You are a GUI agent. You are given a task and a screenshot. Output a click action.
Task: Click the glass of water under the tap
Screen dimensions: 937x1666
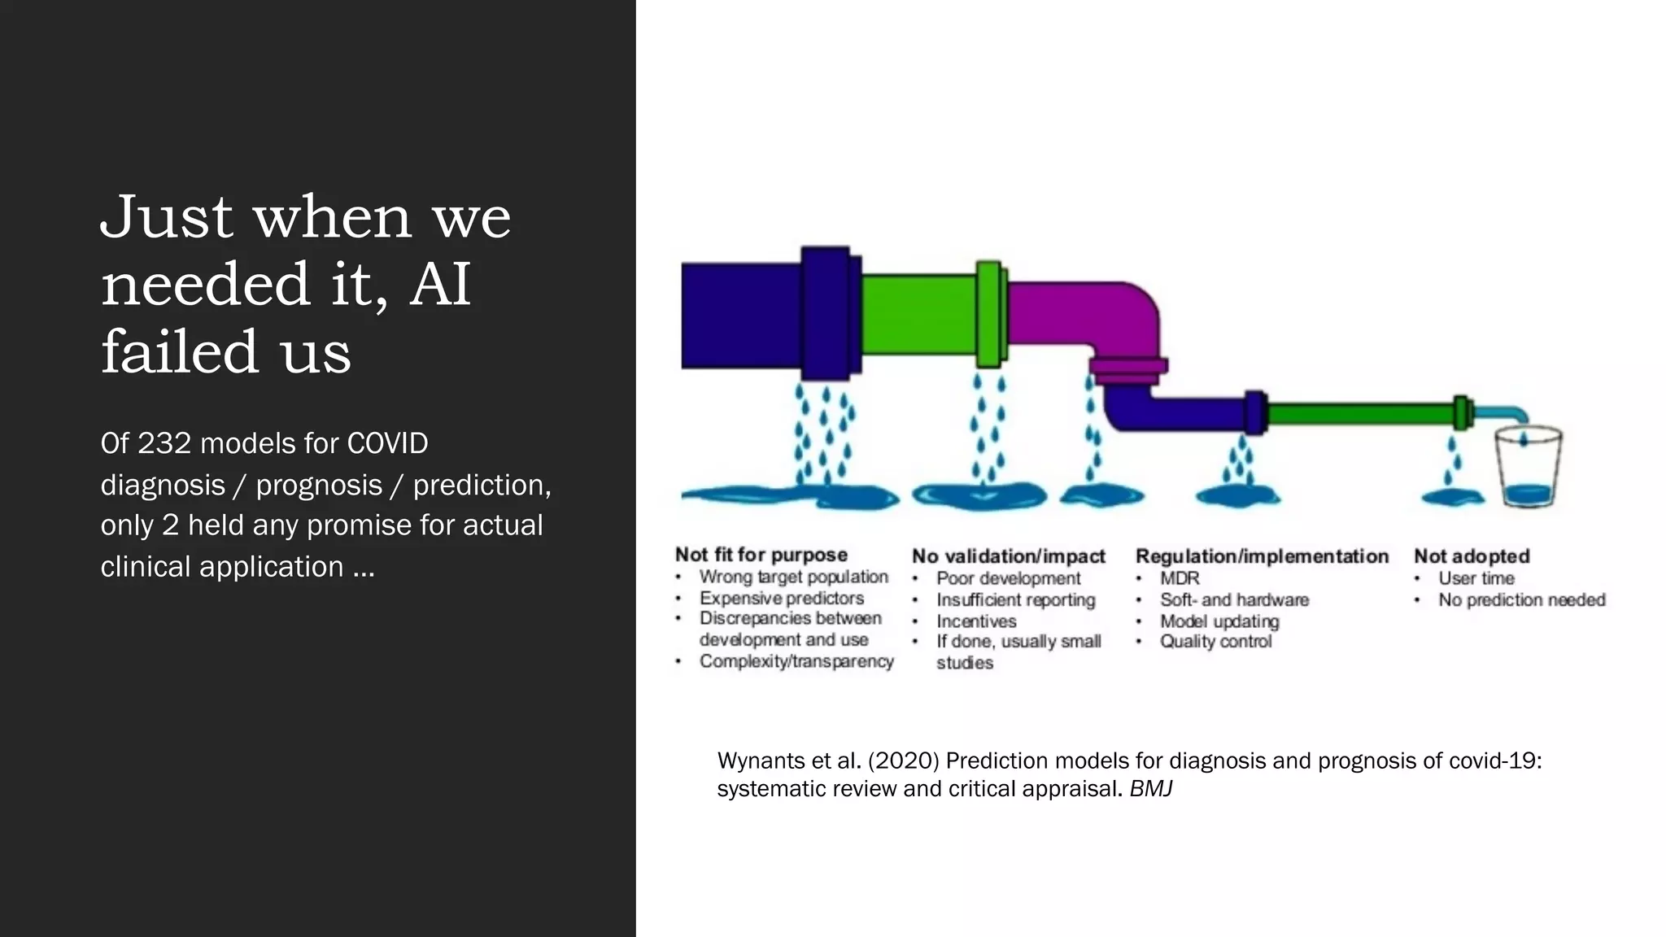pyautogui.click(x=1529, y=468)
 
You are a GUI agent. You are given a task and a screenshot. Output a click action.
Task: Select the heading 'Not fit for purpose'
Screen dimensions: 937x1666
pyautogui.click(x=761, y=555)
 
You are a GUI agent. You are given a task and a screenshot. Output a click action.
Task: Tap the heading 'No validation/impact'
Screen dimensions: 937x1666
pyautogui.click(x=1009, y=556)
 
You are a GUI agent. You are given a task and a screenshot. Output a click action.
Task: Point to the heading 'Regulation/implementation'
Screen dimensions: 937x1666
pyautogui.click(x=1262, y=556)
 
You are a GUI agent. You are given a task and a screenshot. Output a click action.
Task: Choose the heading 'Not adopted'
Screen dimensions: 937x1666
pyautogui.click(x=1472, y=556)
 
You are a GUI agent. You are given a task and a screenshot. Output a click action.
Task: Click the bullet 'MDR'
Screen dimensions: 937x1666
pyautogui.click(x=1180, y=578)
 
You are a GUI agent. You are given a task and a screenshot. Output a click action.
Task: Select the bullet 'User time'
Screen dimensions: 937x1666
pyautogui.click(x=1476, y=578)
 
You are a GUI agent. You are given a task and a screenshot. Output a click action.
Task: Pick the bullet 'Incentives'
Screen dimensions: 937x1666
pyautogui.click(x=976, y=621)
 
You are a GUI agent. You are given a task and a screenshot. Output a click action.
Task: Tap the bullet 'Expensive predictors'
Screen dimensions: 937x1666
pyautogui.click(x=782, y=599)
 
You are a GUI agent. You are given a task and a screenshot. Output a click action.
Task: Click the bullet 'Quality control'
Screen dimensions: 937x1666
pyautogui.click(x=1215, y=642)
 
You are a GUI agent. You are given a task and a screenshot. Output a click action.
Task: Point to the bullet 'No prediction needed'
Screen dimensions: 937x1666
pyautogui.click(x=1521, y=600)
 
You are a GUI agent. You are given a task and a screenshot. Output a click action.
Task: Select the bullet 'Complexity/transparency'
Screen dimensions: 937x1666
pyautogui.click(x=796, y=662)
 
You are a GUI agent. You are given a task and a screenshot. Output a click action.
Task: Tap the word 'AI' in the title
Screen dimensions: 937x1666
pyautogui.click(x=440, y=285)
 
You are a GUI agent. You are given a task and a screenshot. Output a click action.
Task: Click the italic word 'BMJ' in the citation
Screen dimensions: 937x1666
pyautogui.click(x=1150, y=789)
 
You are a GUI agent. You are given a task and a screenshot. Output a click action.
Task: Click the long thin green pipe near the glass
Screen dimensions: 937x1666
pyautogui.click(x=1360, y=414)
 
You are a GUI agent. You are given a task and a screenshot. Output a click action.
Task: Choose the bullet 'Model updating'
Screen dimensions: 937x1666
pyautogui.click(x=1219, y=621)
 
